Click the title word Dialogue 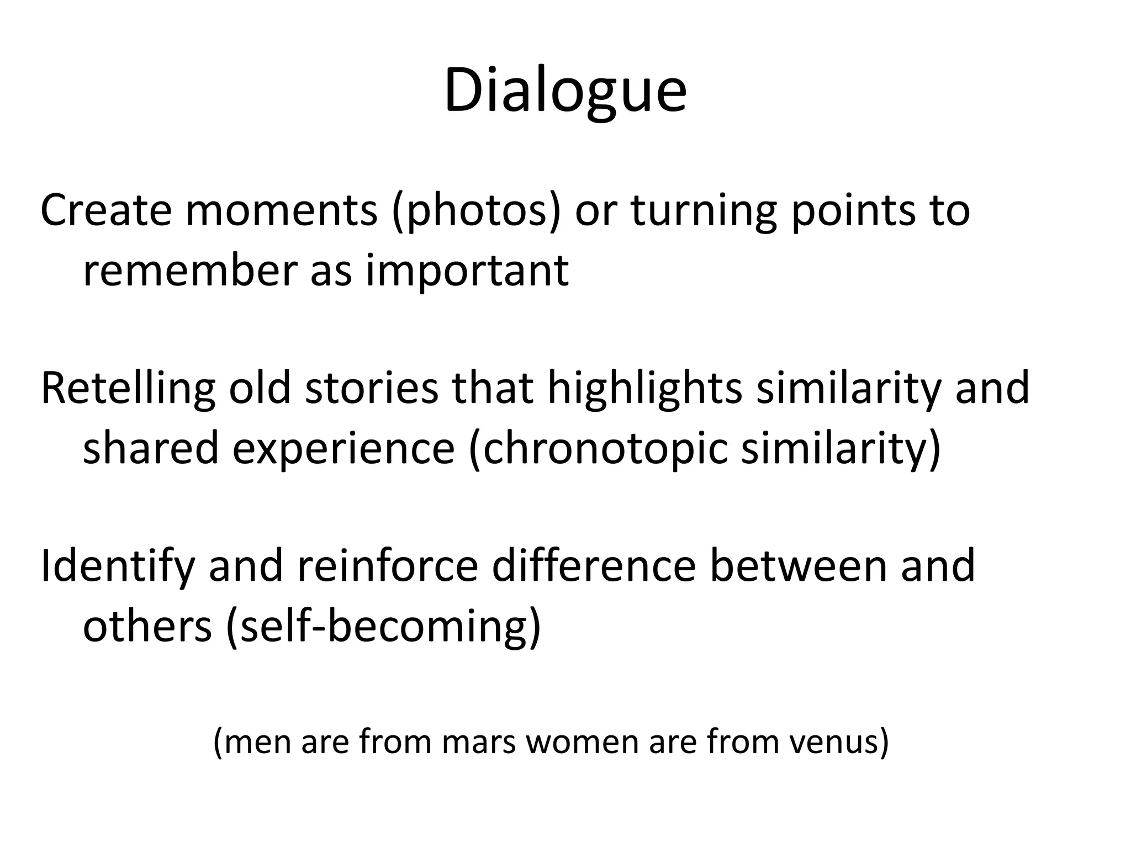pyautogui.click(x=565, y=91)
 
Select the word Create pyautogui.click(x=105, y=210)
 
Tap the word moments pyautogui.click(x=281, y=210)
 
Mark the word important pyautogui.click(x=467, y=272)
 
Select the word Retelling pyautogui.click(x=128, y=388)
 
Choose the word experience pyautogui.click(x=343, y=448)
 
